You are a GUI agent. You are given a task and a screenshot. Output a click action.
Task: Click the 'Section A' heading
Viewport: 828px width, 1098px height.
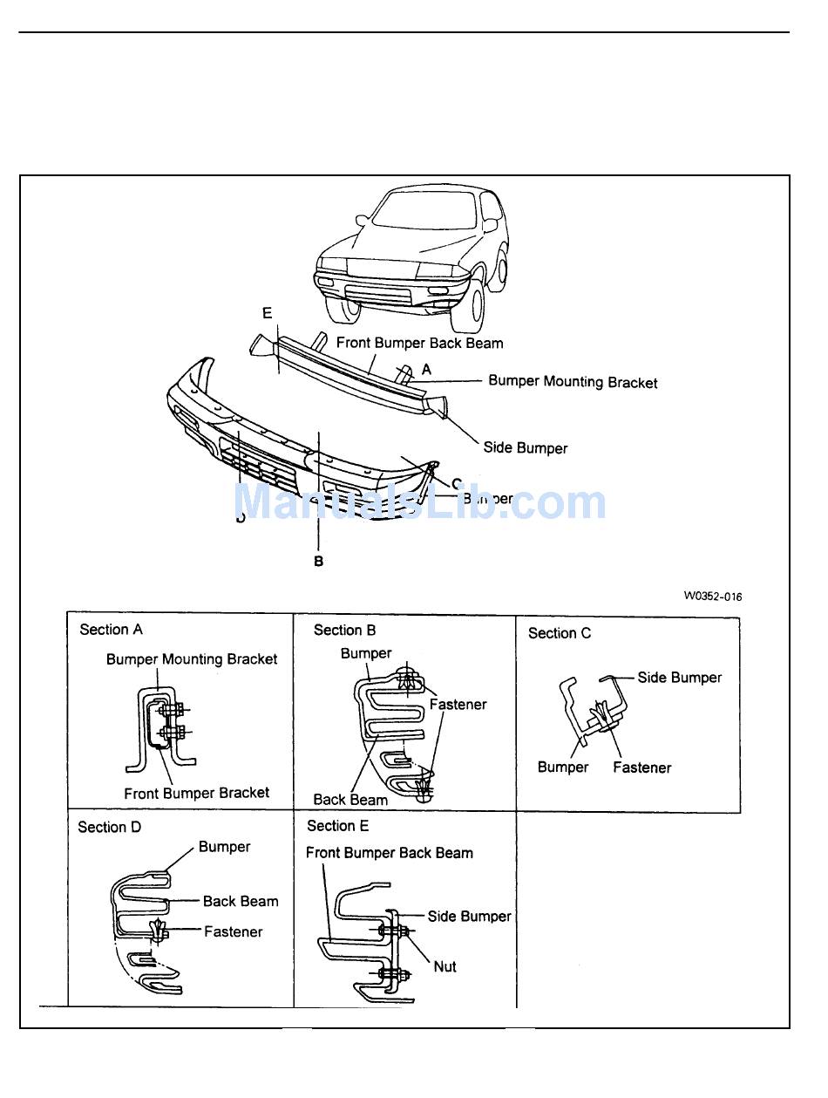(x=111, y=630)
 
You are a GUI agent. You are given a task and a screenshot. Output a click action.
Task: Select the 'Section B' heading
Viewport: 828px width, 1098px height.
(x=344, y=631)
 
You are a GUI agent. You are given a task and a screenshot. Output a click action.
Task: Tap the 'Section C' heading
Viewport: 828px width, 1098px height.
(x=559, y=633)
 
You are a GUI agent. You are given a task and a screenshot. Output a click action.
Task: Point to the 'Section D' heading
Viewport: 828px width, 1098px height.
(x=109, y=827)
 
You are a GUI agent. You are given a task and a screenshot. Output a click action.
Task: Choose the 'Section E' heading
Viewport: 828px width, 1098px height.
(x=337, y=826)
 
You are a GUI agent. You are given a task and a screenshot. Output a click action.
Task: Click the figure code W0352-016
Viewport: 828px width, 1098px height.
(x=712, y=597)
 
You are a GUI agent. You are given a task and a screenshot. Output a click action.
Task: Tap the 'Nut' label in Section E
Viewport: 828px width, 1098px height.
(x=445, y=966)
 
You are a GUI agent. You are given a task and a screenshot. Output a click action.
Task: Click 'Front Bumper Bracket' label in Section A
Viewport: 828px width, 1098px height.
(x=196, y=793)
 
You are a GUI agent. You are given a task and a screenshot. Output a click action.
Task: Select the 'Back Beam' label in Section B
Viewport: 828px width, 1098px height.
(x=350, y=799)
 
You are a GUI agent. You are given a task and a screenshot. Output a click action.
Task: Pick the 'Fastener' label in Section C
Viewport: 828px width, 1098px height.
(x=641, y=767)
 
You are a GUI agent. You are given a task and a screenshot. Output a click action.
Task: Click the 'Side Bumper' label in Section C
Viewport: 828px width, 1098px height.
(x=679, y=678)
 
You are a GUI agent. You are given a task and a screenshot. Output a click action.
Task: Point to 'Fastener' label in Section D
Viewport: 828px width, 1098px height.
(x=233, y=931)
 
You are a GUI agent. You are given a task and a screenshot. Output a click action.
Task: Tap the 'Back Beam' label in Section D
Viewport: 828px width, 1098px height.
(x=241, y=902)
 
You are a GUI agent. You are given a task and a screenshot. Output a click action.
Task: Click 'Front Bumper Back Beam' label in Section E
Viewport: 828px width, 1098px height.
(x=389, y=853)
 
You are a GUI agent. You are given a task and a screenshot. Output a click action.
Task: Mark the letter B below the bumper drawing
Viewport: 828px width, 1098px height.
(x=319, y=562)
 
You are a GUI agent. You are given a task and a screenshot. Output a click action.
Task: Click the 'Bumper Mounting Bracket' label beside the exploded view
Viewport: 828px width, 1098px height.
(x=573, y=382)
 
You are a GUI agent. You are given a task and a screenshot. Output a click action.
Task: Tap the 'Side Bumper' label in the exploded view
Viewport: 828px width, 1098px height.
(x=525, y=448)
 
